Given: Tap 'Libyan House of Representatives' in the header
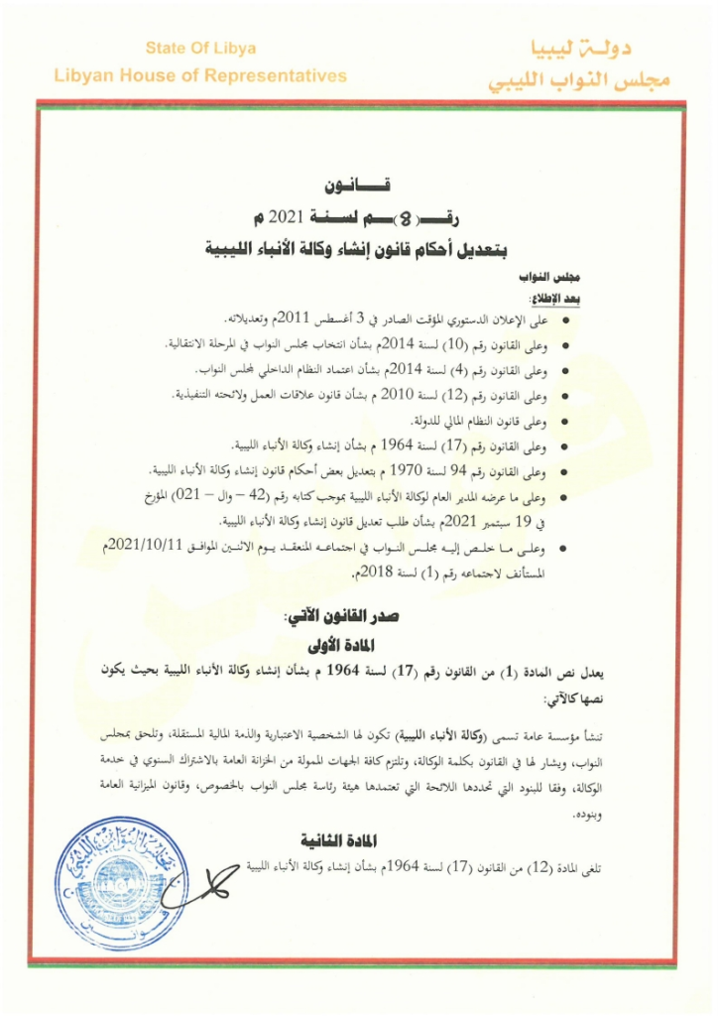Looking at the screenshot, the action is click(200, 75).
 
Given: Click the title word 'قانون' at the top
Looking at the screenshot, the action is click(358, 187).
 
